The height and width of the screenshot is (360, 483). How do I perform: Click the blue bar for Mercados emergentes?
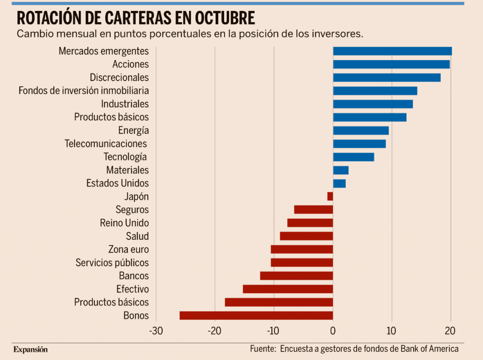click(392, 51)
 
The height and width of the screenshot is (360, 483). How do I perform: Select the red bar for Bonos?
click(256, 315)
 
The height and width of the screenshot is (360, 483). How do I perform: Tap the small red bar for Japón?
click(330, 196)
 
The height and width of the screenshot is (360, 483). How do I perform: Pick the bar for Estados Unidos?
click(339, 183)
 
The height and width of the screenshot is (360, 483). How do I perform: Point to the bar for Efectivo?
click(288, 289)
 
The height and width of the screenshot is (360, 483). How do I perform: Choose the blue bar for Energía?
click(361, 131)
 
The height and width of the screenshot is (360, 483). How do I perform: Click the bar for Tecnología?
click(353, 157)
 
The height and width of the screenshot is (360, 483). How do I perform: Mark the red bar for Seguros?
click(313, 210)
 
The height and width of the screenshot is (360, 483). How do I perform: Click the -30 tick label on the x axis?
click(156, 331)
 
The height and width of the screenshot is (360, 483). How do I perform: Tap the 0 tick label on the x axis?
click(333, 331)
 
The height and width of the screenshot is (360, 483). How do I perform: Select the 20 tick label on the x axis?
click(450, 331)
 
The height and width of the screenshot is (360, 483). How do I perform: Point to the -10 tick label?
click(274, 331)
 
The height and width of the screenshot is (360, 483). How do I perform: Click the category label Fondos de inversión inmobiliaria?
click(83, 90)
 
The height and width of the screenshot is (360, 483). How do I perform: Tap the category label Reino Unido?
click(124, 223)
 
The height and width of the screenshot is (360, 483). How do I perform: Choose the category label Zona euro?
click(128, 249)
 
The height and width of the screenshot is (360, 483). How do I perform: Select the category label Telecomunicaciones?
click(106, 143)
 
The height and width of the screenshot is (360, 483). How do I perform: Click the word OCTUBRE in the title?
click(222, 18)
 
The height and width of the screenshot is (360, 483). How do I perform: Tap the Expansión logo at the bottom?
click(31, 350)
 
